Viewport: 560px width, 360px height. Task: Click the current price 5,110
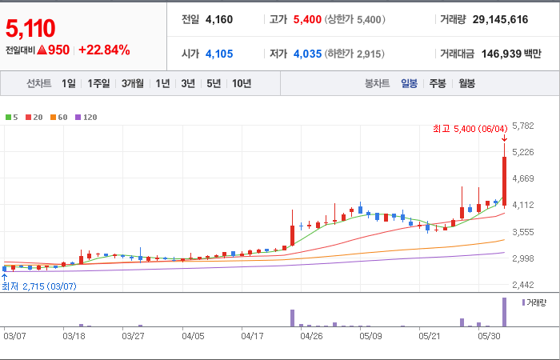30,28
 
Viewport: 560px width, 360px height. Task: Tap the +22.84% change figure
104,50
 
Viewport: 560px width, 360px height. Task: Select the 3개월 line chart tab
133,83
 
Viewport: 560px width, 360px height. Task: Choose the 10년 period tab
242,83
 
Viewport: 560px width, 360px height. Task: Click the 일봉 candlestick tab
409,83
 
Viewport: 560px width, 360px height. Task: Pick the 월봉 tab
466,83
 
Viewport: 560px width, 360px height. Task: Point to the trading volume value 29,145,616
500,19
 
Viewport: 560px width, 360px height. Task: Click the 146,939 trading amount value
501,54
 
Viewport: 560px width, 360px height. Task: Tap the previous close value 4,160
219,19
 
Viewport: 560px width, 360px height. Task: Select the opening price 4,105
219,54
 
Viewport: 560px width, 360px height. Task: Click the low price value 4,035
307,54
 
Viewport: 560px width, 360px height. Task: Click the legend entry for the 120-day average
86,117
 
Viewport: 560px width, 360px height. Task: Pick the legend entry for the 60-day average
59,117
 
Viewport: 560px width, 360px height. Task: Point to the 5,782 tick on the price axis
523,126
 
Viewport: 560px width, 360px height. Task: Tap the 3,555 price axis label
523,232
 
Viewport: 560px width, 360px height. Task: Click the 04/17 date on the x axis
252,336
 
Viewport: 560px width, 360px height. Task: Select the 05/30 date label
490,336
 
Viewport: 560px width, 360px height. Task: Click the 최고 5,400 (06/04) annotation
470,129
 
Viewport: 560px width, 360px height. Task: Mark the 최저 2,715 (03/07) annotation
39,286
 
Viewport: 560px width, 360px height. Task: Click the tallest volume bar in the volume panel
504,312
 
